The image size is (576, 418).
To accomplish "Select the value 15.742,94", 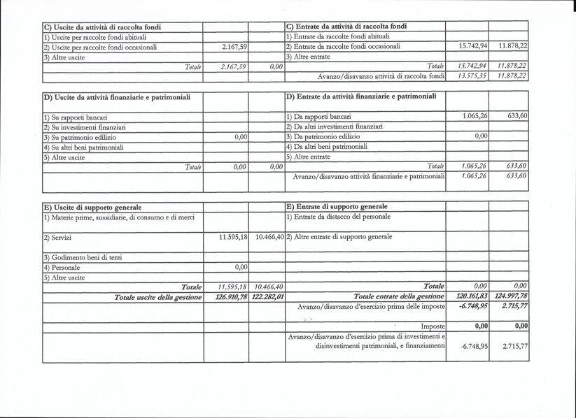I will coord(472,46).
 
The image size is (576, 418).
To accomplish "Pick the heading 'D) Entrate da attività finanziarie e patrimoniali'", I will coord(360,95).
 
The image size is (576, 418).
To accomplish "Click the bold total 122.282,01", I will coord(267,297).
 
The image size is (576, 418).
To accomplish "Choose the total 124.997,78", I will coord(510,297).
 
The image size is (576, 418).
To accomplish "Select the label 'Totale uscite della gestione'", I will coord(157,298).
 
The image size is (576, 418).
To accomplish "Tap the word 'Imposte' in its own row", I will coord(433,326).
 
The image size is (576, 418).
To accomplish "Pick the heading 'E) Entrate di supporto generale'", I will coord(337,207).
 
